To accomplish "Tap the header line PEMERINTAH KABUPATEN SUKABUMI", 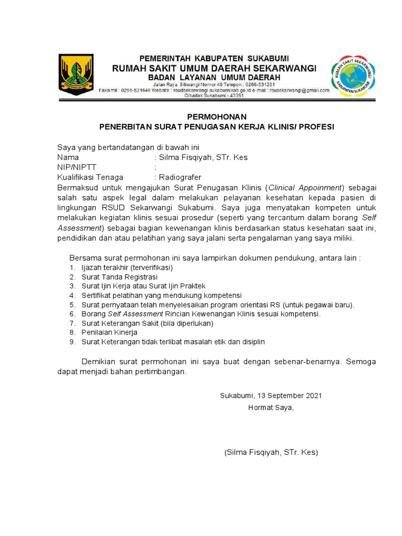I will coord(214,58).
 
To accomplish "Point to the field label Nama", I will coord(68,157).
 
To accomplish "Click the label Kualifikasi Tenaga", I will coord(90,177).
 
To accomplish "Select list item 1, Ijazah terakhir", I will coord(127,267).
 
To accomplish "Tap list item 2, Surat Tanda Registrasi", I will coord(119,277).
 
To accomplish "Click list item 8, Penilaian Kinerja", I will coord(109,332).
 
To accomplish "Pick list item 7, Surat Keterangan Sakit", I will coord(147,323).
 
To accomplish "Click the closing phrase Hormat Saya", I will coord(271,408).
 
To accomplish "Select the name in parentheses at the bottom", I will coord(271,452).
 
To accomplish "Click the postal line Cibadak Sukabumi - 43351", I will coord(214,95).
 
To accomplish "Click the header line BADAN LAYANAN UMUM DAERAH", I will coord(214,77).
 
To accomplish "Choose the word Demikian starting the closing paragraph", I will coord(100,362).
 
